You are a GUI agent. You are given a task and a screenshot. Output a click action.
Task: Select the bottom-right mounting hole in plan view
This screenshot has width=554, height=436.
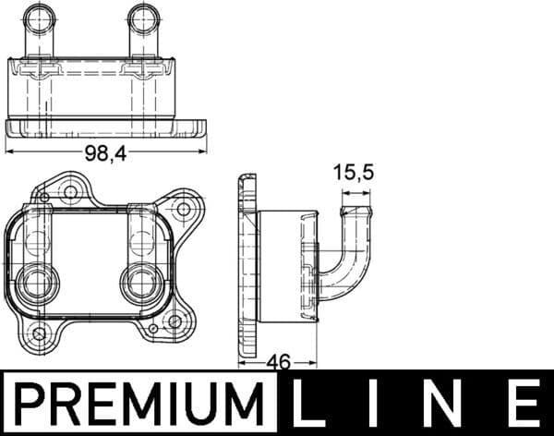point(174,321)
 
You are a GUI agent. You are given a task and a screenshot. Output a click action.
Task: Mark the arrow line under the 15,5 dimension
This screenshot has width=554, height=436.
point(355,194)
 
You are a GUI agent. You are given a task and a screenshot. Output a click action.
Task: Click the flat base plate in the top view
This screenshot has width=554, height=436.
point(106,127)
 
